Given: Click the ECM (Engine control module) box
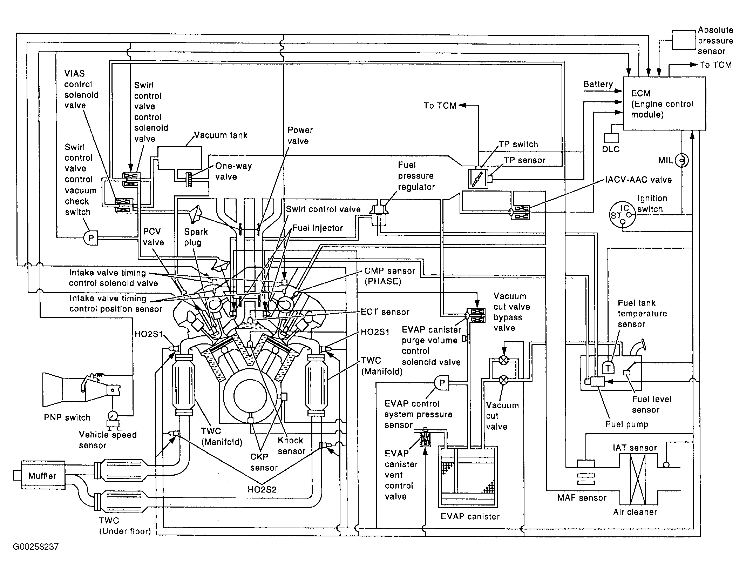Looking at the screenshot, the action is pyautogui.click(x=664, y=103).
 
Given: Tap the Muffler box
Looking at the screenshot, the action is pyautogui.click(x=43, y=476).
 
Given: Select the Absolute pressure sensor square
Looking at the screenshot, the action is pyautogui.click(x=684, y=40).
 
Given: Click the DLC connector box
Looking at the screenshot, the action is pyautogui.click(x=611, y=138).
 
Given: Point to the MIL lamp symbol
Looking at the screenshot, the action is pyautogui.click(x=682, y=160).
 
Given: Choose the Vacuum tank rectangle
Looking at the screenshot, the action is pyautogui.click(x=180, y=158).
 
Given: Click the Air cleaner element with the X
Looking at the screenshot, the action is pyautogui.click(x=638, y=479).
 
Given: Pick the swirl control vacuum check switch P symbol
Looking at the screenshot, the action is pyautogui.click(x=91, y=239).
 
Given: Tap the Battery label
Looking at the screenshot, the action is pyautogui.click(x=598, y=84).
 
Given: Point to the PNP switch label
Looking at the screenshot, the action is pyautogui.click(x=67, y=417).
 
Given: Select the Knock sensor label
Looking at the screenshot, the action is pyautogui.click(x=291, y=446).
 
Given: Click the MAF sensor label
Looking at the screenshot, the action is pyautogui.click(x=582, y=497).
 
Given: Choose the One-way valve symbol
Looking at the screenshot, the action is pyautogui.click(x=189, y=180).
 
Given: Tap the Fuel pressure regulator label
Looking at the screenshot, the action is pyautogui.click(x=416, y=176).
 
